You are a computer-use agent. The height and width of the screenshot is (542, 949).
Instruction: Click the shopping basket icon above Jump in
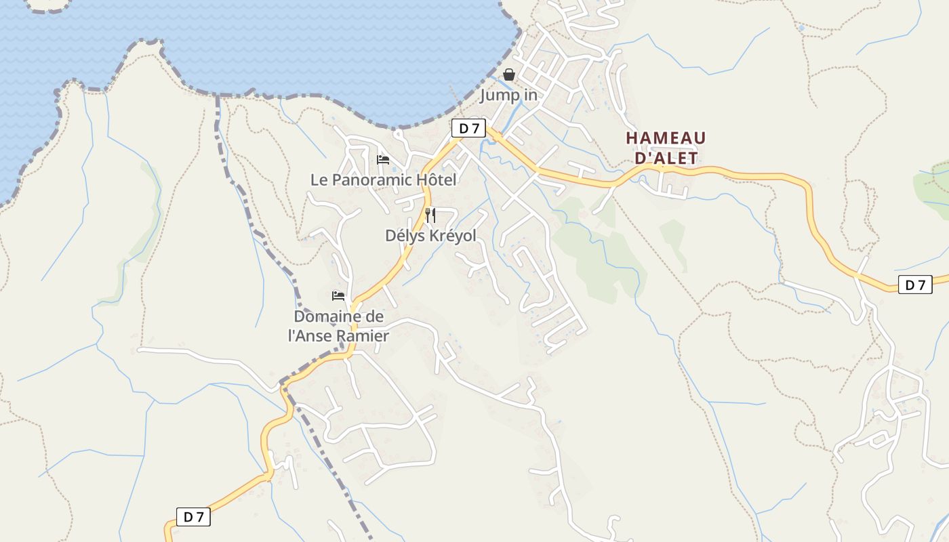point(509,75)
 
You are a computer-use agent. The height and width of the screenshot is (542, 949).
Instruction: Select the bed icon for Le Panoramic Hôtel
point(383,160)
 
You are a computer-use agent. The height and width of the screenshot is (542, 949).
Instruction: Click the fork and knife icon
point(430,215)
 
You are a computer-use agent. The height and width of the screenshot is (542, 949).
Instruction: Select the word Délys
point(405,236)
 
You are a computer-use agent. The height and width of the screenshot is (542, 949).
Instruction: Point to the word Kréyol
point(452,236)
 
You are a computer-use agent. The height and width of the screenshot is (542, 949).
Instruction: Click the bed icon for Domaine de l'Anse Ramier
point(338,296)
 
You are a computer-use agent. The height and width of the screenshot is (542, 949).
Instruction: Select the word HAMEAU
point(666,138)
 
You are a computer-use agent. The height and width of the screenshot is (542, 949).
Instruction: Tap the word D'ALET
point(666,158)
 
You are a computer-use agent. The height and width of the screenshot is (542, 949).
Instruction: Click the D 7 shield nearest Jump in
point(468,128)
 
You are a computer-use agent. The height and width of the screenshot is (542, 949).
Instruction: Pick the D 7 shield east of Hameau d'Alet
point(915,285)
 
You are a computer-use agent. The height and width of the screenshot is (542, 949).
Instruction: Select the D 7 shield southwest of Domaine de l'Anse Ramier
point(193,517)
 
